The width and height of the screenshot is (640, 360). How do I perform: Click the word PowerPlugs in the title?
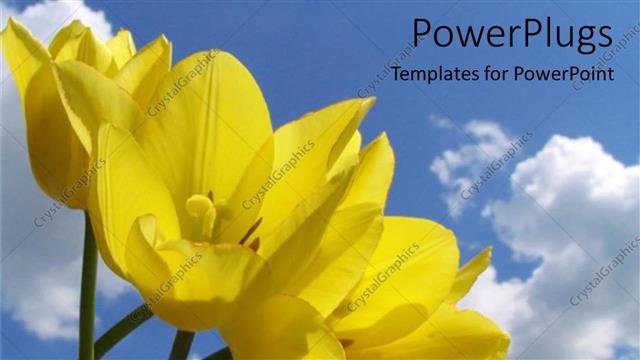coord(511,35)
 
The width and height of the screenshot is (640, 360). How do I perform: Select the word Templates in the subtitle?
coord(433,75)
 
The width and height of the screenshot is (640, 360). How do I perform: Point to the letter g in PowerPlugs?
coord(579,38)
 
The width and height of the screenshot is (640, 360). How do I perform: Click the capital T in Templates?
coord(397,74)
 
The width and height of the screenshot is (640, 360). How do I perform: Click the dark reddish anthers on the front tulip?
coord(250,235)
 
